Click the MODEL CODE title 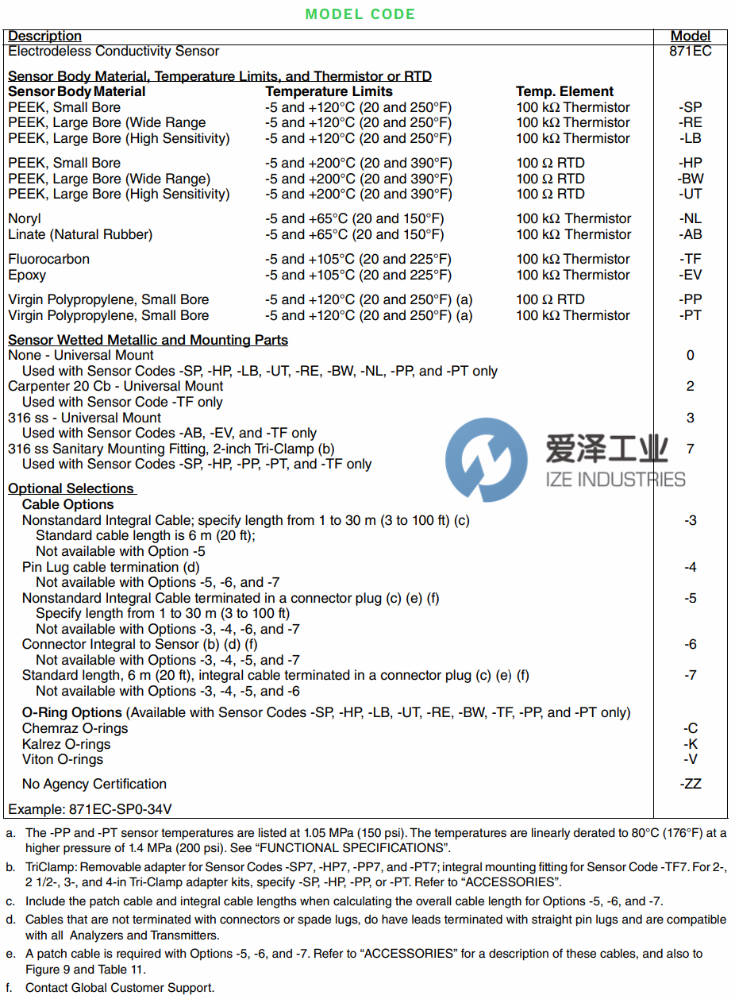(x=360, y=14)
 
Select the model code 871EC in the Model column (x=691, y=52)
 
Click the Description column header (x=45, y=37)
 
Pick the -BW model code (x=691, y=179)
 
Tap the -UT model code (x=691, y=194)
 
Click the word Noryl (x=25, y=218)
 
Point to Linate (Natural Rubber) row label (x=80, y=234)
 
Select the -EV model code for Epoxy (x=691, y=275)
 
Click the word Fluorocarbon (x=49, y=259)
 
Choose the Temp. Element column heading (x=565, y=91)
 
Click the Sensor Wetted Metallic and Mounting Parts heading (x=148, y=340)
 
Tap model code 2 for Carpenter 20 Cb (x=691, y=386)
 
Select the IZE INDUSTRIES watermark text (x=615, y=479)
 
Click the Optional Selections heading (x=71, y=488)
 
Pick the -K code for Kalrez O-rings (x=691, y=744)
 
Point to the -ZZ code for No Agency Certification (x=691, y=784)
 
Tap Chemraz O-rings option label (x=75, y=728)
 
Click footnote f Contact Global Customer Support (x=120, y=988)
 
